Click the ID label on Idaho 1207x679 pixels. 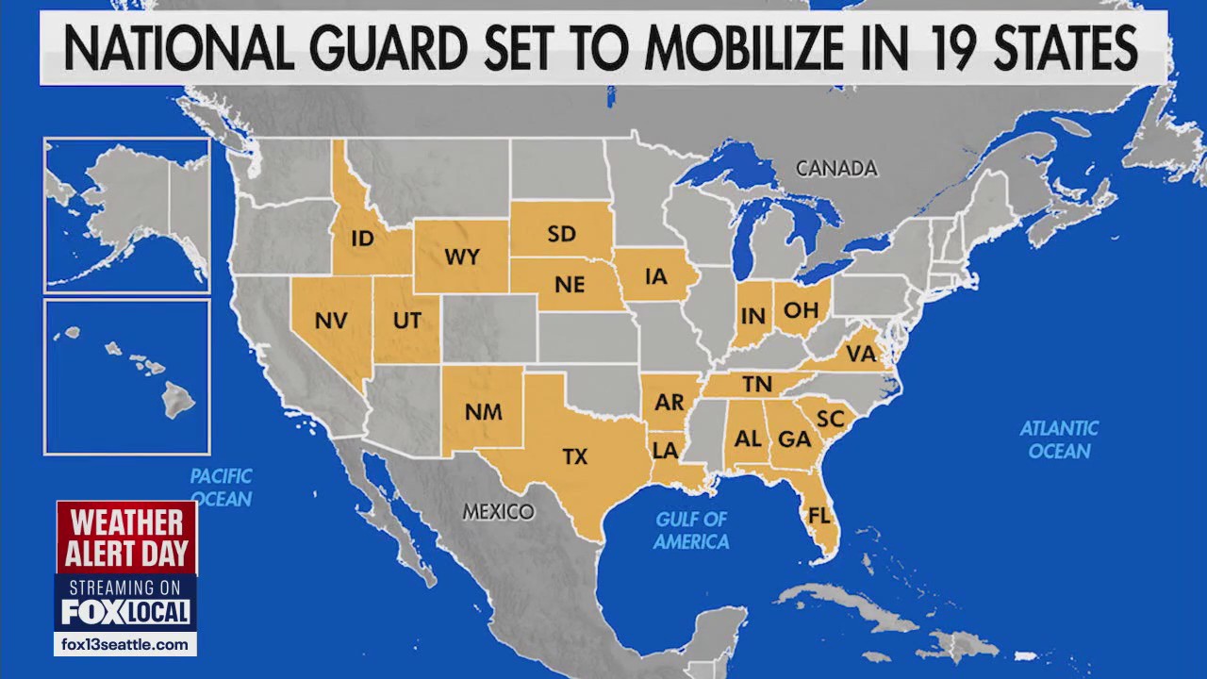(x=362, y=239)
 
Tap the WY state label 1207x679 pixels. (x=462, y=257)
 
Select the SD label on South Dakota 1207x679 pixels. (x=561, y=234)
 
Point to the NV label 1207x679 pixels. (x=331, y=320)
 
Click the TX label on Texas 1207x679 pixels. (x=575, y=456)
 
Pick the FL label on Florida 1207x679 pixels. (x=818, y=516)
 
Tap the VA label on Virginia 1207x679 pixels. (x=861, y=354)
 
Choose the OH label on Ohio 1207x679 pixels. (x=801, y=308)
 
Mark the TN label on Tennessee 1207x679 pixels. (x=757, y=384)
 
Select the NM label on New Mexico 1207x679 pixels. (x=484, y=411)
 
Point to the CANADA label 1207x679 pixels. (x=836, y=169)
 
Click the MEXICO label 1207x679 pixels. (x=498, y=512)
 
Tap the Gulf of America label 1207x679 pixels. (x=692, y=530)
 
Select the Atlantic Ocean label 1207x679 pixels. (x=1059, y=439)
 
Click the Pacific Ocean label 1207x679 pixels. (x=221, y=487)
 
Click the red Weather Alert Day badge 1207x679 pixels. (x=126, y=537)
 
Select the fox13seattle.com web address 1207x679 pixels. (x=125, y=645)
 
